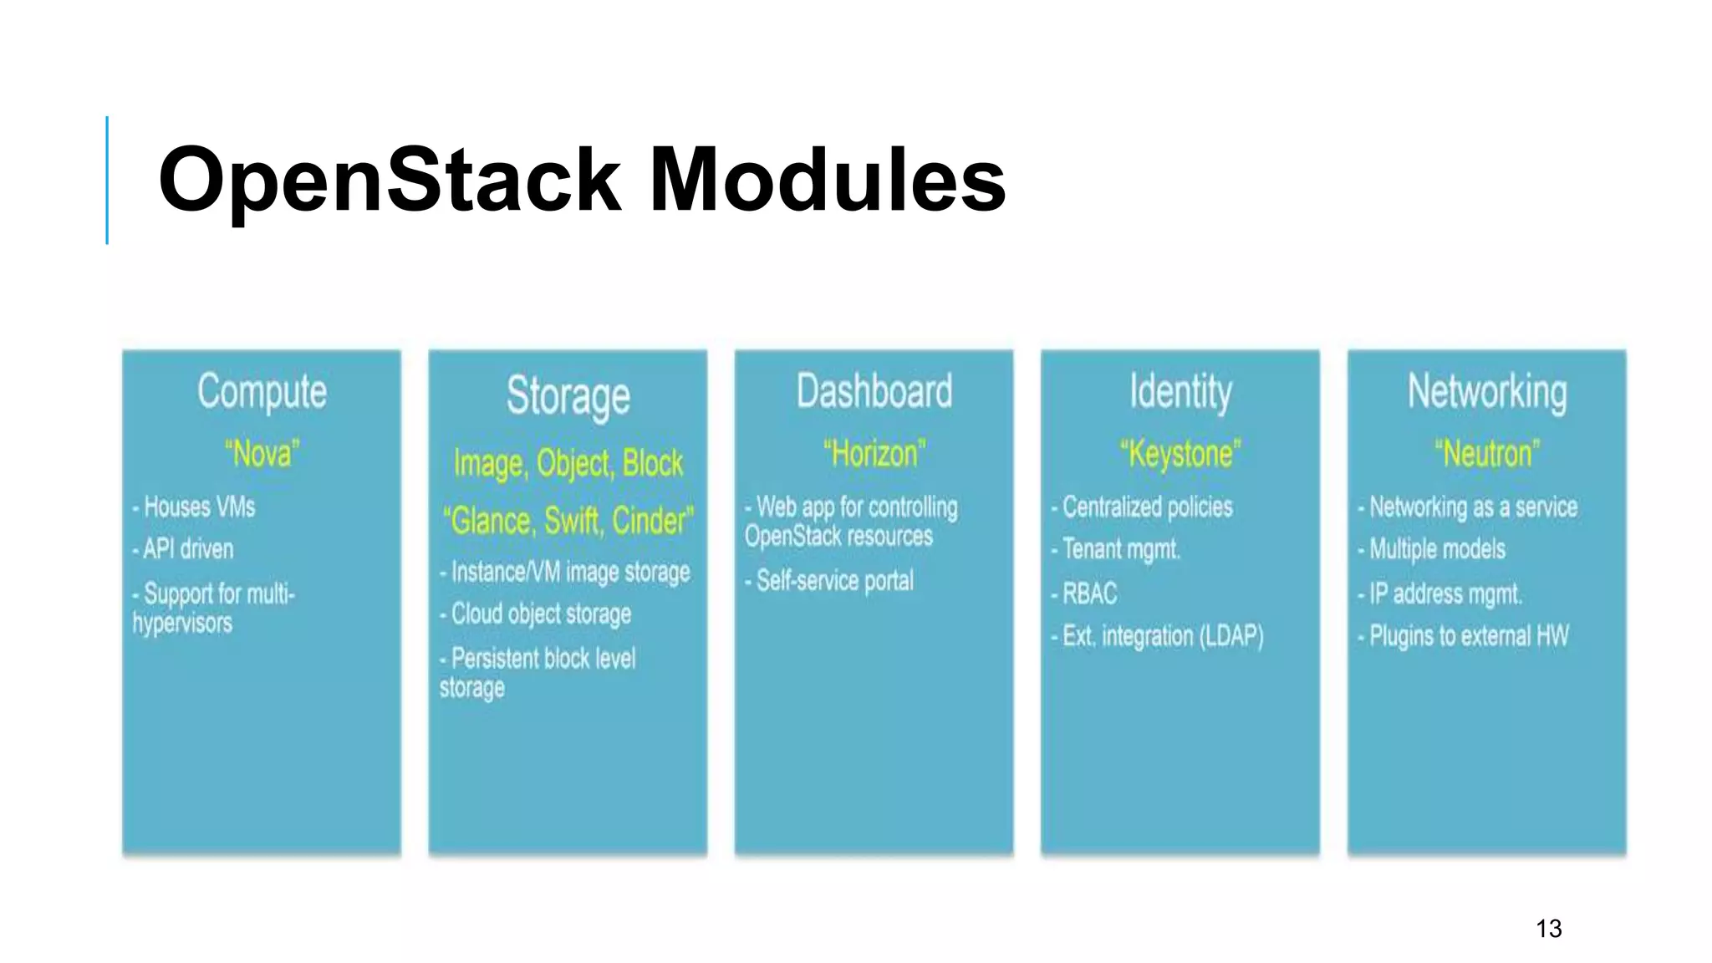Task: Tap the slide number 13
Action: click(x=1548, y=928)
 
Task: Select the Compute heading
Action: click(x=262, y=391)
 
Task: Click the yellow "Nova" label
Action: click(x=262, y=454)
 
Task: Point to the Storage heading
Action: click(x=568, y=396)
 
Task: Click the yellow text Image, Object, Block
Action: click(x=568, y=463)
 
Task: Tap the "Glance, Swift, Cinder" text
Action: click(x=568, y=521)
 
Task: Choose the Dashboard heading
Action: click(x=874, y=391)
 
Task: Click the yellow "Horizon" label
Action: click(x=874, y=454)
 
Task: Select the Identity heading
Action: click(x=1180, y=391)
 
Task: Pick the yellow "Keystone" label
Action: click(x=1180, y=454)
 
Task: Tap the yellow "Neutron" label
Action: click(x=1486, y=454)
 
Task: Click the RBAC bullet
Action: click(x=1088, y=594)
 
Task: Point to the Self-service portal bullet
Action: click(x=833, y=580)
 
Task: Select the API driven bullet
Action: click(x=187, y=549)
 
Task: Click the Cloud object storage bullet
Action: click(x=539, y=614)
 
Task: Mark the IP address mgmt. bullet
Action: click(x=1444, y=594)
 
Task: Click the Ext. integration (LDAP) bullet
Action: click(x=1160, y=636)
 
